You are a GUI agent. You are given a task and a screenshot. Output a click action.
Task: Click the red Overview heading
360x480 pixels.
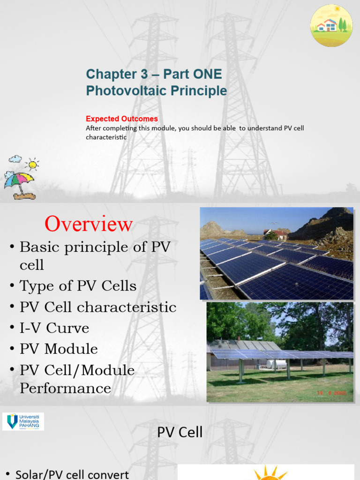tap(89, 225)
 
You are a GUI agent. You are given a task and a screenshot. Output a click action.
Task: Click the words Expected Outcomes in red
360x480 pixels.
tap(122, 119)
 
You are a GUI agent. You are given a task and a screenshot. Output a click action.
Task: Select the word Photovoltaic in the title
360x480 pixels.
tap(127, 90)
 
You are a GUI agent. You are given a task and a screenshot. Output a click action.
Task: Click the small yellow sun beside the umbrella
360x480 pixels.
tap(32, 164)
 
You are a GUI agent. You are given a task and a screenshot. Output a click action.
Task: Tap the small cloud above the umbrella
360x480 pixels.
tap(15, 159)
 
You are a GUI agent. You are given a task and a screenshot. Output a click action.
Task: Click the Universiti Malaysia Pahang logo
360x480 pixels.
tap(23, 421)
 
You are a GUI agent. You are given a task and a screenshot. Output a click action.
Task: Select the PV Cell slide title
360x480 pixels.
tap(180, 432)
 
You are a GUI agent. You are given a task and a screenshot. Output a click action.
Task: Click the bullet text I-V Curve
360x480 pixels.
tap(54, 328)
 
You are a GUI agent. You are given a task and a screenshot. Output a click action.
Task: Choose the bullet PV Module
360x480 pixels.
tap(59, 349)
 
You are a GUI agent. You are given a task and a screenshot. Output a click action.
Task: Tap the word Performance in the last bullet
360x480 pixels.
tap(65, 389)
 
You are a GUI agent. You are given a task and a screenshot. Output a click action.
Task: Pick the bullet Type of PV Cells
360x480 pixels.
tap(78, 286)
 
